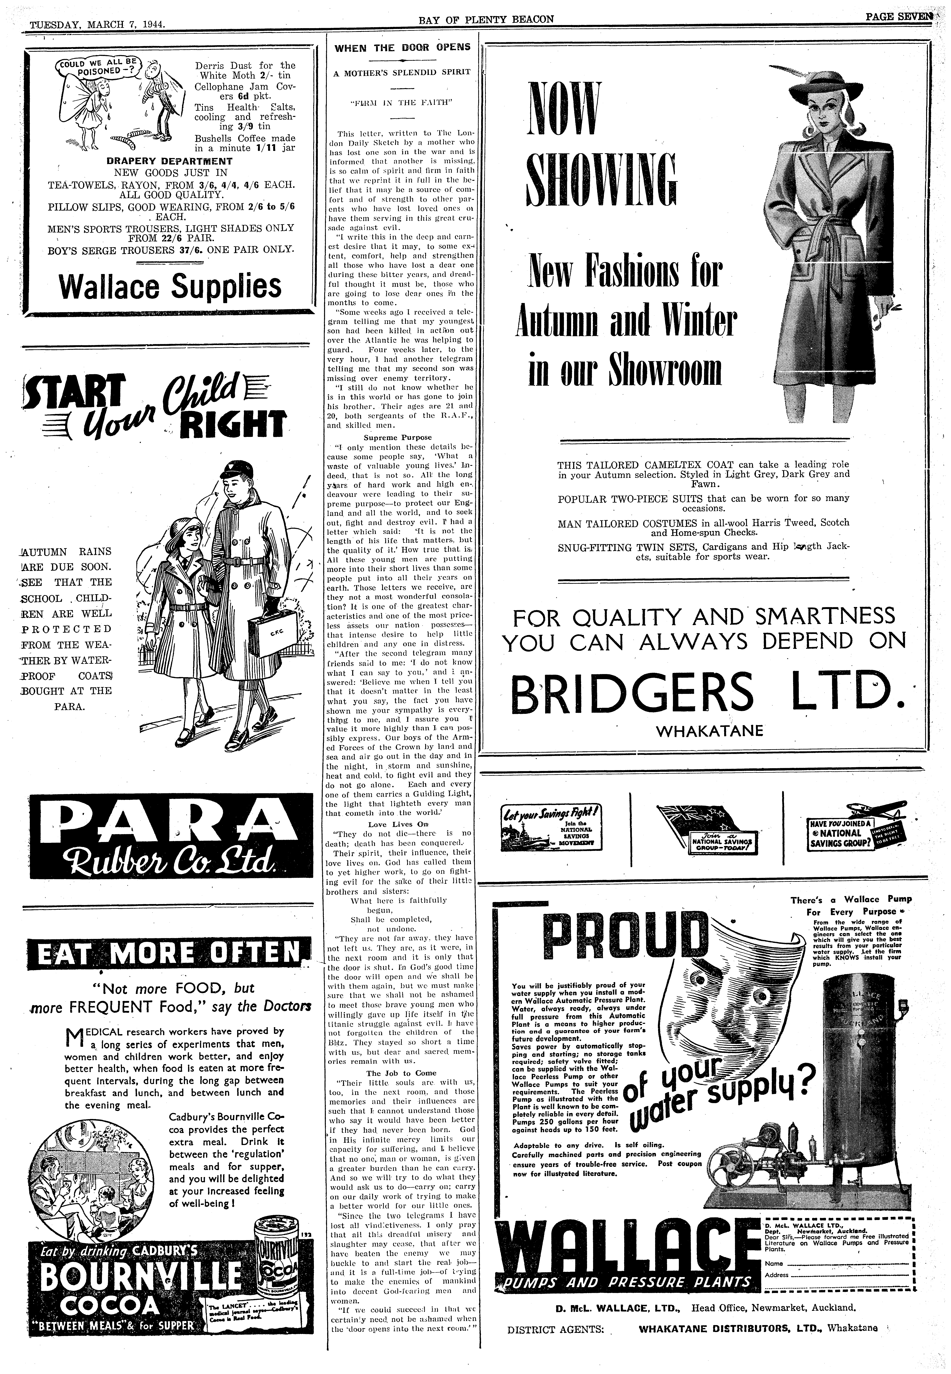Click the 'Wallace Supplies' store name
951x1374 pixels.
[170, 287]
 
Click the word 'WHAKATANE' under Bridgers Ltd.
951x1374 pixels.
[709, 731]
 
